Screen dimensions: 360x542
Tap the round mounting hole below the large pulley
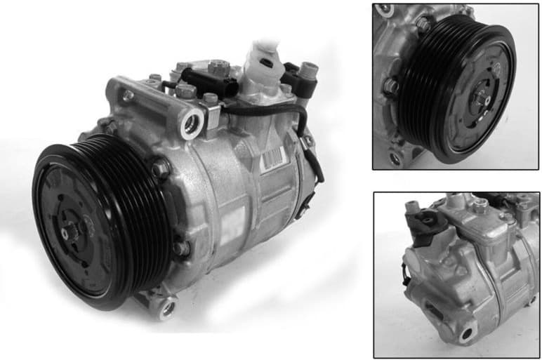167,307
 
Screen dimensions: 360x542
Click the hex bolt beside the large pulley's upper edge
161,168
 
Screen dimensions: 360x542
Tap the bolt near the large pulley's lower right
182,248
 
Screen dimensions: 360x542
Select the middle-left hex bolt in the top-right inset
391,86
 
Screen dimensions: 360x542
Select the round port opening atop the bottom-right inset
480,204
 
